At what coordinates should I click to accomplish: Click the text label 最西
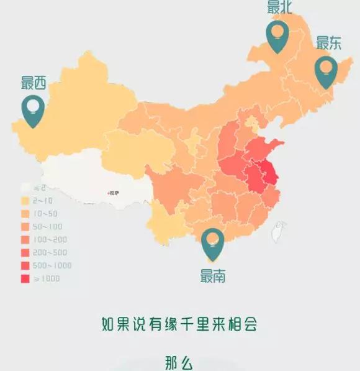click(x=34, y=83)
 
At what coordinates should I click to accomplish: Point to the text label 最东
click(x=329, y=43)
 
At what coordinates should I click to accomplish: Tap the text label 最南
click(x=213, y=276)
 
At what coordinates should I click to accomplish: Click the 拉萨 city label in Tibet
click(x=114, y=193)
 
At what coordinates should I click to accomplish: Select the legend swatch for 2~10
click(x=25, y=201)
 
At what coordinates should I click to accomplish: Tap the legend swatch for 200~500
click(x=25, y=253)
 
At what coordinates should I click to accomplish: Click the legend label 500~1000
click(x=52, y=266)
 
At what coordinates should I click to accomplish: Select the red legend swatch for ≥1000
click(x=25, y=279)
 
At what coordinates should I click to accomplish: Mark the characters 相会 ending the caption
click(x=243, y=324)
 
